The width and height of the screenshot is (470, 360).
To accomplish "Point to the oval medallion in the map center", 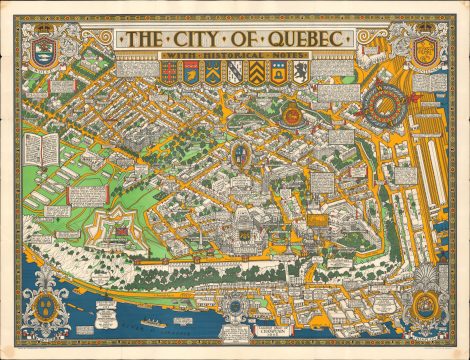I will point(240,154).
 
